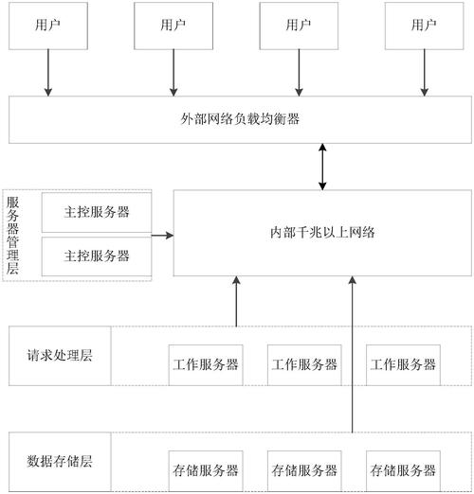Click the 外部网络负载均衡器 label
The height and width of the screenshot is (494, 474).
pyautogui.click(x=241, y=119)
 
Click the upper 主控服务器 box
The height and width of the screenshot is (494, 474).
pyautogui.click(x=97, y=211)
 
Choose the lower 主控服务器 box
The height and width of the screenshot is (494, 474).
pyautogui.click(x=97, y=256)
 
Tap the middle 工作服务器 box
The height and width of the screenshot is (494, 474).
pyautogui.click(x=303, y=364)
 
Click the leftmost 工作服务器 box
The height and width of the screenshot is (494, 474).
pyautogui.click(x=204, y=364)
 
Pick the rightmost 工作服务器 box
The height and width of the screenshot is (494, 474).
pyautogui.click(x=403, y=364)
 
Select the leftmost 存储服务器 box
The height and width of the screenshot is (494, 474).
pyautogui.click(x=204, y=470)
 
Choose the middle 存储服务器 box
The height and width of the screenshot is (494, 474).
pyautogui.click(x=303, y=470)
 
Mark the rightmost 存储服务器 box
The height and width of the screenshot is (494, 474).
pyautogui.click(x=403, y=470)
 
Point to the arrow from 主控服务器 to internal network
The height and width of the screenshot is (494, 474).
pyautogui.click(x=162, y=233)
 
